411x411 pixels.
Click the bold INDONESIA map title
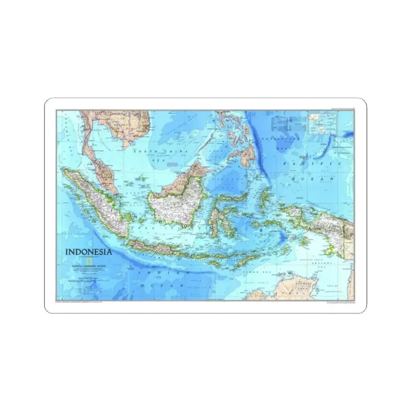[x=88, y=251]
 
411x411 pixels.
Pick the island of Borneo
[x=179, y=202]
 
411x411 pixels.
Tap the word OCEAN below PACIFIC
[x=312, y=179]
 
